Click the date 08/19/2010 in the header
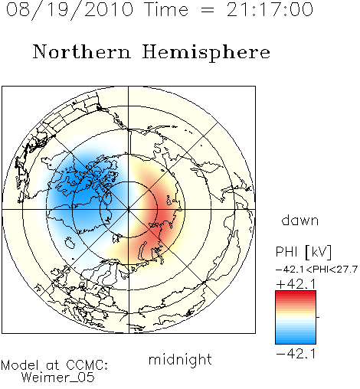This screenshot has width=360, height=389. coord(70,10)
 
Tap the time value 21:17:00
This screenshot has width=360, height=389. coord(270,9)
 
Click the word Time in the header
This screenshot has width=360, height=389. coord(166,9)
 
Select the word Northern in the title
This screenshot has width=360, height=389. coord(82,52)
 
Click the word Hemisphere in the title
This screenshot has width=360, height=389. coord(206,53)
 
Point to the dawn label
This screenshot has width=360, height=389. coord(300,221)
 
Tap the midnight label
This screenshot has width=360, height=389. coord(180,359)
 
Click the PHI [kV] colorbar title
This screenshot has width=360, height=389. coord(303,252)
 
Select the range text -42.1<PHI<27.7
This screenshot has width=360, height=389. coord(316,270)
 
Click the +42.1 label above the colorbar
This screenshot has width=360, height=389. coord(296,284)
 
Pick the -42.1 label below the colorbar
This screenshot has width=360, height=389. coord(296,354)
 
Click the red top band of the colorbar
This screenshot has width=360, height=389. coord(296,295)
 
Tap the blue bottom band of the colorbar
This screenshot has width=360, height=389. coord(296,340)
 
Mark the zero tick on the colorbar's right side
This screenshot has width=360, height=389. coord(318,317)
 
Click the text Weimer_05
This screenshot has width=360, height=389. coord(58,378)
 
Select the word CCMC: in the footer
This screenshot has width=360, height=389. coord(87,365)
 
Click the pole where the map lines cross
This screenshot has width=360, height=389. coord(128,210)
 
